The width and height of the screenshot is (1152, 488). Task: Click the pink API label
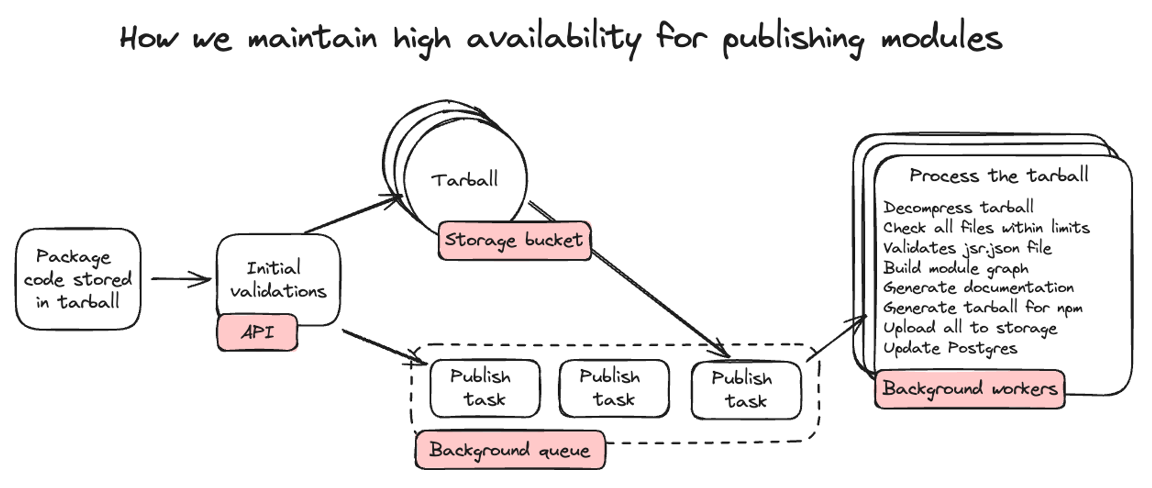click(257, 332)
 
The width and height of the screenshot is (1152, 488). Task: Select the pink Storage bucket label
click(514, 240)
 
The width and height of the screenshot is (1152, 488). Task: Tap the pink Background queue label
click(510, 450)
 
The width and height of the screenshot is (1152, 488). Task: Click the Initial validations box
click(278, 279)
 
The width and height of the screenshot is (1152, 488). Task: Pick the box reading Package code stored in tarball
click(78, 279)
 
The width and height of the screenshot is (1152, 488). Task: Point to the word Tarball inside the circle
click(465, 180)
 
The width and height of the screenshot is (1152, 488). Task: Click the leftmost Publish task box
click(484, 388)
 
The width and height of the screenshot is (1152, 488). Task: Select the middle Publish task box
click(613, 388)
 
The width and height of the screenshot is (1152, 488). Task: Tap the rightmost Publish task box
click(745, 390)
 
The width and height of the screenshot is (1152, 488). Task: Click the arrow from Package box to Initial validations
click(180, 279)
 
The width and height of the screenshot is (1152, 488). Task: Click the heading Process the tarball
click(998, 175)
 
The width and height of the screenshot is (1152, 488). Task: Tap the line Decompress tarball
click(958, 207)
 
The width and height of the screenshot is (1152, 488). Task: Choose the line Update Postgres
click(950, 348)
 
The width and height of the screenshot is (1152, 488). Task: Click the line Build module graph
click(955, 268)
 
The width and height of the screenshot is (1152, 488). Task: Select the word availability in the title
click(553, 39)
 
